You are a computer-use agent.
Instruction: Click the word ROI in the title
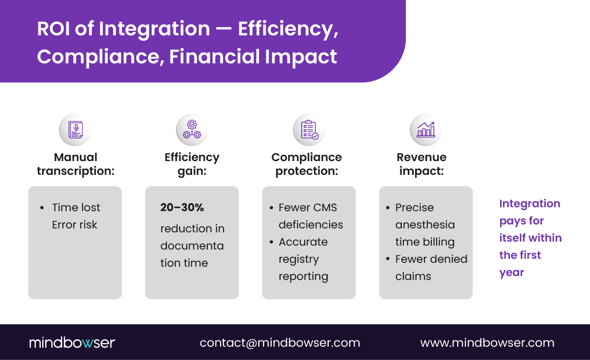tap(52, 29)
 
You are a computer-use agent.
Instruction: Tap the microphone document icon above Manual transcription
tap(75, 130)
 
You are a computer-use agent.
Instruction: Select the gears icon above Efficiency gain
tap(192, 130)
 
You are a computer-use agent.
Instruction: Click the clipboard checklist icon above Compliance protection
tap(309, 130)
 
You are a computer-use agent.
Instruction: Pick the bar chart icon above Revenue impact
tap(425, 130)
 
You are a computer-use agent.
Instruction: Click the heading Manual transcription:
tap(75, 164)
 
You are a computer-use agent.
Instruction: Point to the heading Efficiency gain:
tap(192, 164)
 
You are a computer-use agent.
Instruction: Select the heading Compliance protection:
tap(307, 164)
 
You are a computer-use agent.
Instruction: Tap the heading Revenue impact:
tap(421, 164)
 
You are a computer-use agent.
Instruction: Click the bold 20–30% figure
tap(182, 208)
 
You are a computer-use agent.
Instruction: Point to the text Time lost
tap(76, 208)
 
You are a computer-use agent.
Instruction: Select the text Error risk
tap(75, 225)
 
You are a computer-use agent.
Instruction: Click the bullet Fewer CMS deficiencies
tap(310, 216)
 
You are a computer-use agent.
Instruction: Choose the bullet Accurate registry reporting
tap(303, 259)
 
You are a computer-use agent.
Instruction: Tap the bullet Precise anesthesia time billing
tap(425, 225)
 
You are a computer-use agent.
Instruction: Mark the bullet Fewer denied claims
tap(431, 268)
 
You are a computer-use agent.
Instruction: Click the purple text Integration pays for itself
tap(530, 238)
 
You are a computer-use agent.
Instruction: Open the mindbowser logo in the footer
tap(72, 343)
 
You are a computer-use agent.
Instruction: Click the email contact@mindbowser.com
tap(280, 343)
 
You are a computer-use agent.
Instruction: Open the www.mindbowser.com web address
tap(487, 343)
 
